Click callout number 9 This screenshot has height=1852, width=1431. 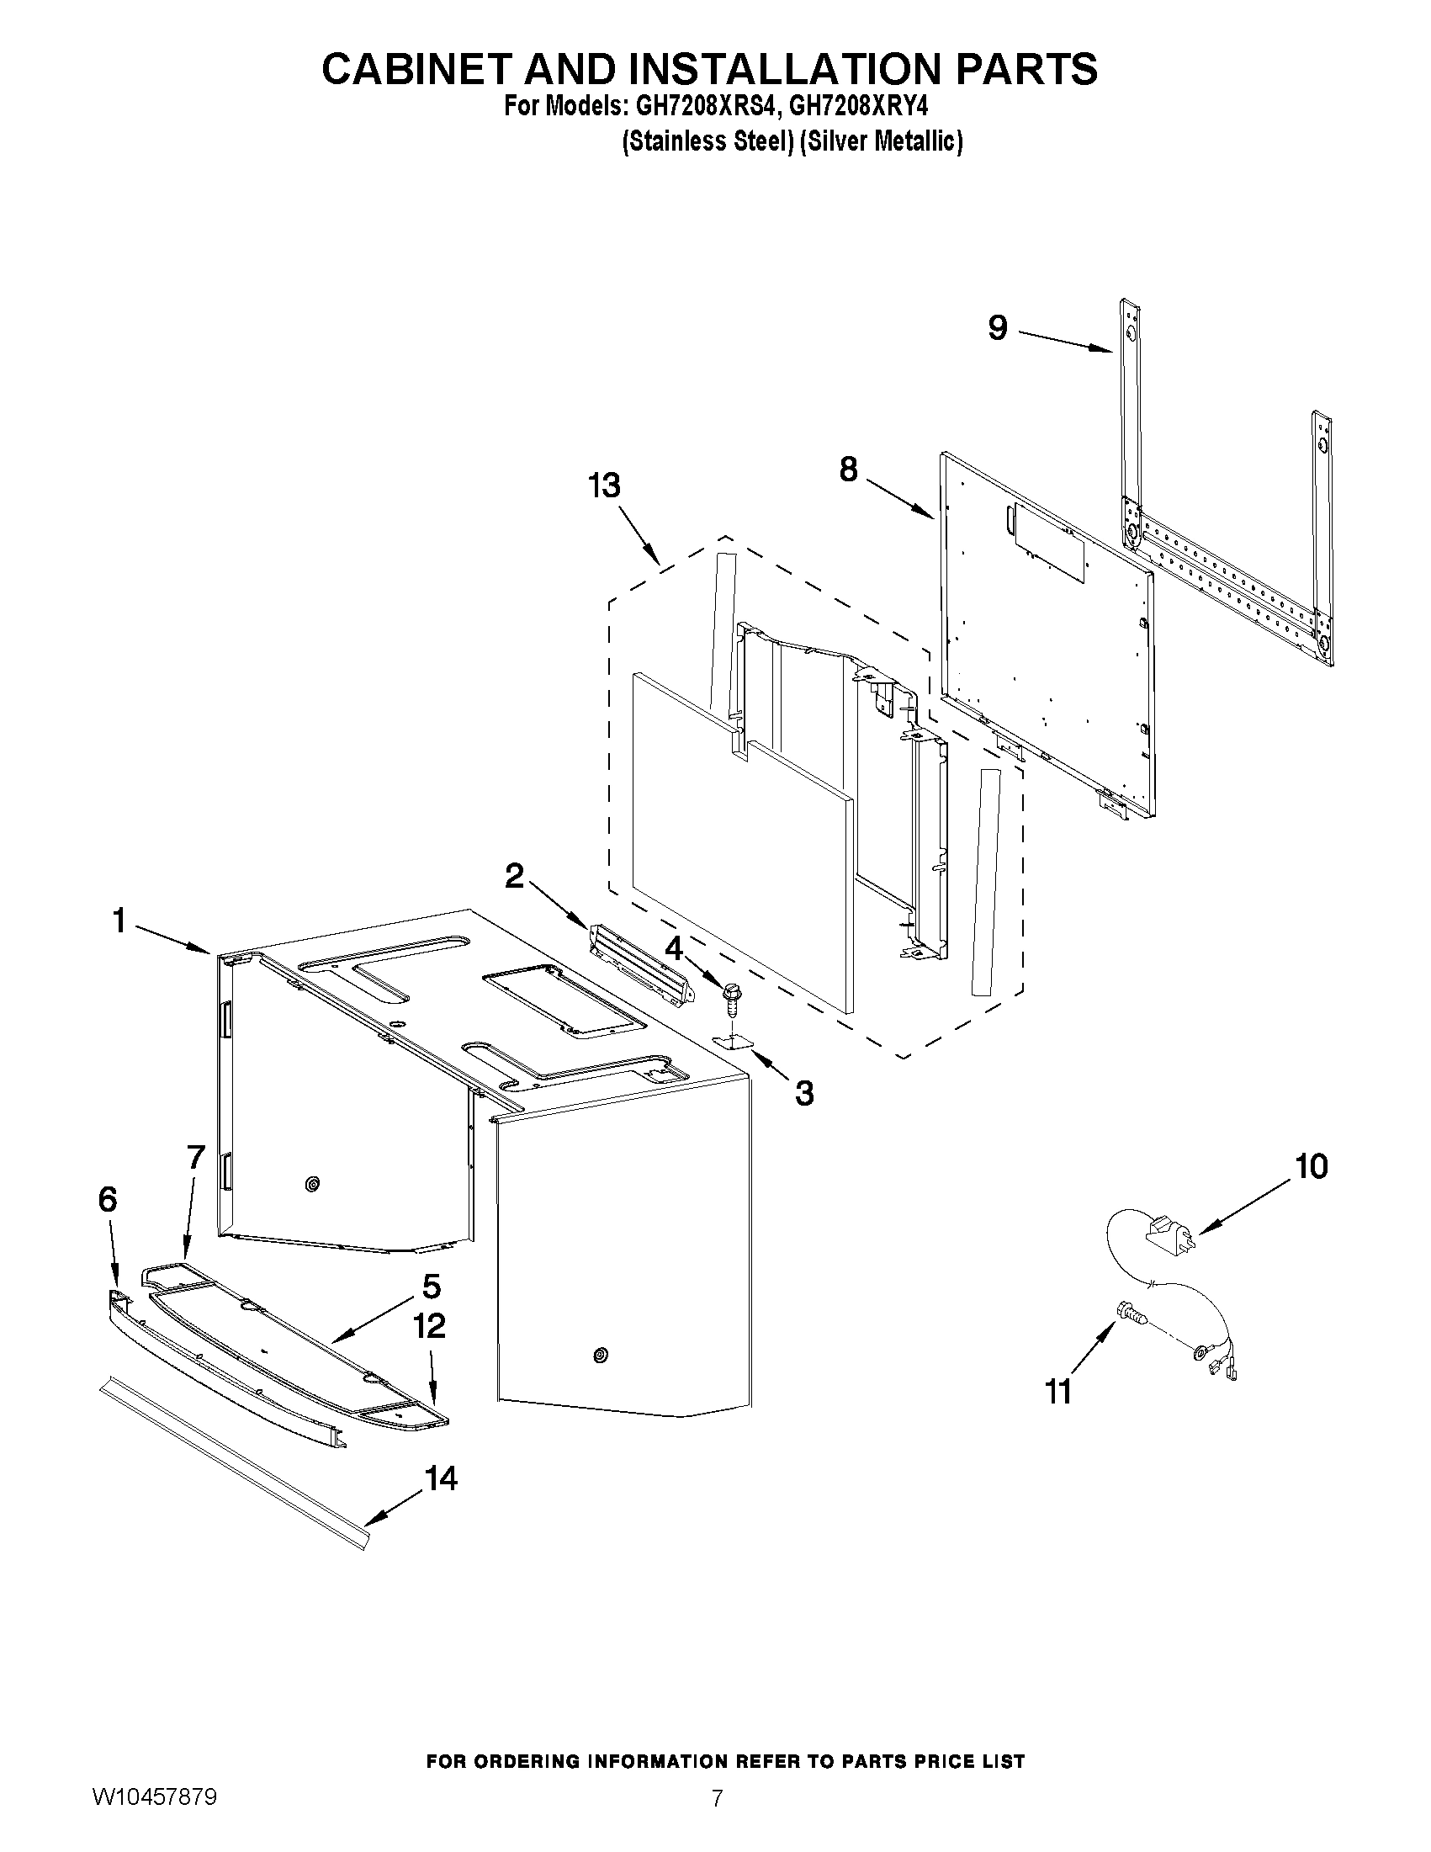998,328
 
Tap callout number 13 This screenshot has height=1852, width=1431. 604,486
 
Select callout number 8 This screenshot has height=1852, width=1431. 849,469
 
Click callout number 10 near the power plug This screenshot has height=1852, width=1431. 1312,1167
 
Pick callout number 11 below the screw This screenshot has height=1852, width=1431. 1059,1392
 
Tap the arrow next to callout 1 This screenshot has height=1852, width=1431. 174,940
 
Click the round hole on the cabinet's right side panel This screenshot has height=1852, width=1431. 600,1354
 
